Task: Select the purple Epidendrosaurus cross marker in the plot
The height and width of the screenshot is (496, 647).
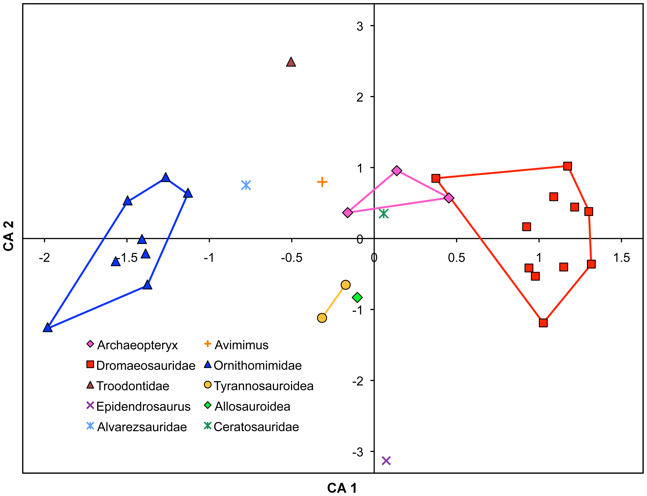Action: coord(386,461)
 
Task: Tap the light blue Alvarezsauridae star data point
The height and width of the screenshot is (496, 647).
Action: coord(246,185)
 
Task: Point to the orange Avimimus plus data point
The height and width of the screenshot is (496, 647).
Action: coord(322,182)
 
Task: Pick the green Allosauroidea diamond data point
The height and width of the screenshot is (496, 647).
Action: coord(357,297)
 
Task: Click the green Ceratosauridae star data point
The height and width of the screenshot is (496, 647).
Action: coord(383,213)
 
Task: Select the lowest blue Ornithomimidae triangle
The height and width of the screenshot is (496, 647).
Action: coord(47,327)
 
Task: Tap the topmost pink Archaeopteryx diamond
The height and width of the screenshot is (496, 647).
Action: coord(397,171)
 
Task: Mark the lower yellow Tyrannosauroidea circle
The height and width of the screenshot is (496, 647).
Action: coord(322,318)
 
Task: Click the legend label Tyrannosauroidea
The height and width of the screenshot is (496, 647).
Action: coord(264,386)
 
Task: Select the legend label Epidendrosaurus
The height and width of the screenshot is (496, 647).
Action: coord(144,406)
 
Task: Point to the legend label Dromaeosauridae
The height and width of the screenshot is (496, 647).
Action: coord(146,366)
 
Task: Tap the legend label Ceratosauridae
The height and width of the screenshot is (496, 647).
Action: coord(256,427)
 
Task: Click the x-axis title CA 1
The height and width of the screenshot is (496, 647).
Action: coord(342,488)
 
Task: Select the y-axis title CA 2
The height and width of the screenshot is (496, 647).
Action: coord(9,236)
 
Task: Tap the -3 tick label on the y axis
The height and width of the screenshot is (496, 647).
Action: coord(357,452)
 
